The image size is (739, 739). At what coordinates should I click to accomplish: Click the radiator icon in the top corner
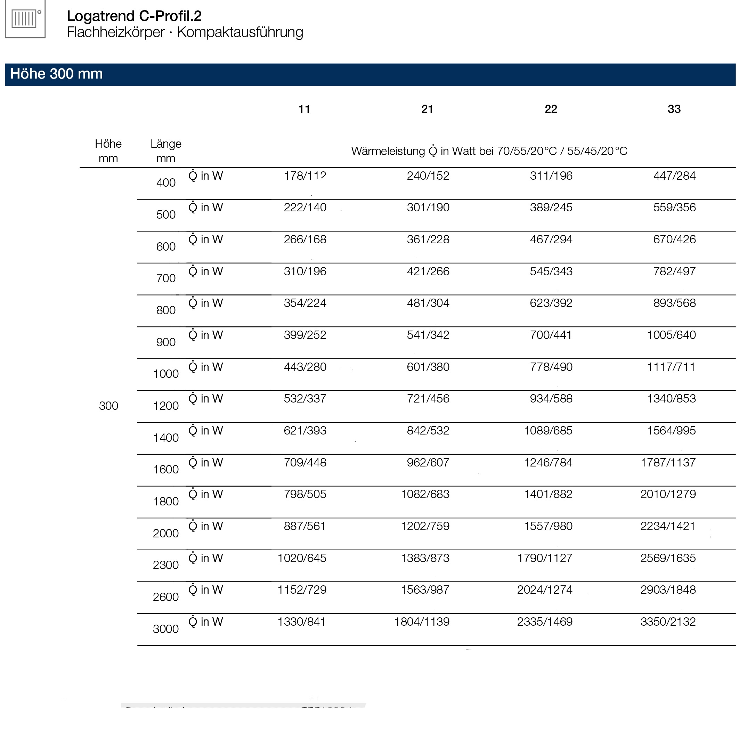coord(25,18)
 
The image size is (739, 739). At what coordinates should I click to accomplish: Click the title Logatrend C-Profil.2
coord(134,16)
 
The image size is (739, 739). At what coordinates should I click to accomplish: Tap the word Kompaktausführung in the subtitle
coord(240,32)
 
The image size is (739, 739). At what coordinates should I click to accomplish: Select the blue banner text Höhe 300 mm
coord(57,74)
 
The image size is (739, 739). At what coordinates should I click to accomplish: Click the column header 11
coord(304,109)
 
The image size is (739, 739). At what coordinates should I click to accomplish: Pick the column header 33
coord(674,109)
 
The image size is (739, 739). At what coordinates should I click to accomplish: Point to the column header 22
coord(551,109)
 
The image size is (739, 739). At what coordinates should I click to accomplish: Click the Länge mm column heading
coord(165,151)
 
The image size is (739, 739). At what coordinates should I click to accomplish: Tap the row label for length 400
coord(165,183)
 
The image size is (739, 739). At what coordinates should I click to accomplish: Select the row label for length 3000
coord(165,629)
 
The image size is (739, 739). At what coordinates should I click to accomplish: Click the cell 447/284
coord(674,176)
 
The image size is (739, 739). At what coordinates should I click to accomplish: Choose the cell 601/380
coord(428,367)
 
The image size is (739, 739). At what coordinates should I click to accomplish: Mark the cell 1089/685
coord(548,431)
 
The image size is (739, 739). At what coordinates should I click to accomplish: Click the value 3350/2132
coord(668,622)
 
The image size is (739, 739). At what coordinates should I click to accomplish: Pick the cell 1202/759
coord(425,526)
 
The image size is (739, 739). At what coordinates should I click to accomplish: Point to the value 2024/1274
coord(545,590)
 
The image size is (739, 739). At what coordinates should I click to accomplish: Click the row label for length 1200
coord(165,406)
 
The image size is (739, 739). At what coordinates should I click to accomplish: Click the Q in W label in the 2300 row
coord(206,558)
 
